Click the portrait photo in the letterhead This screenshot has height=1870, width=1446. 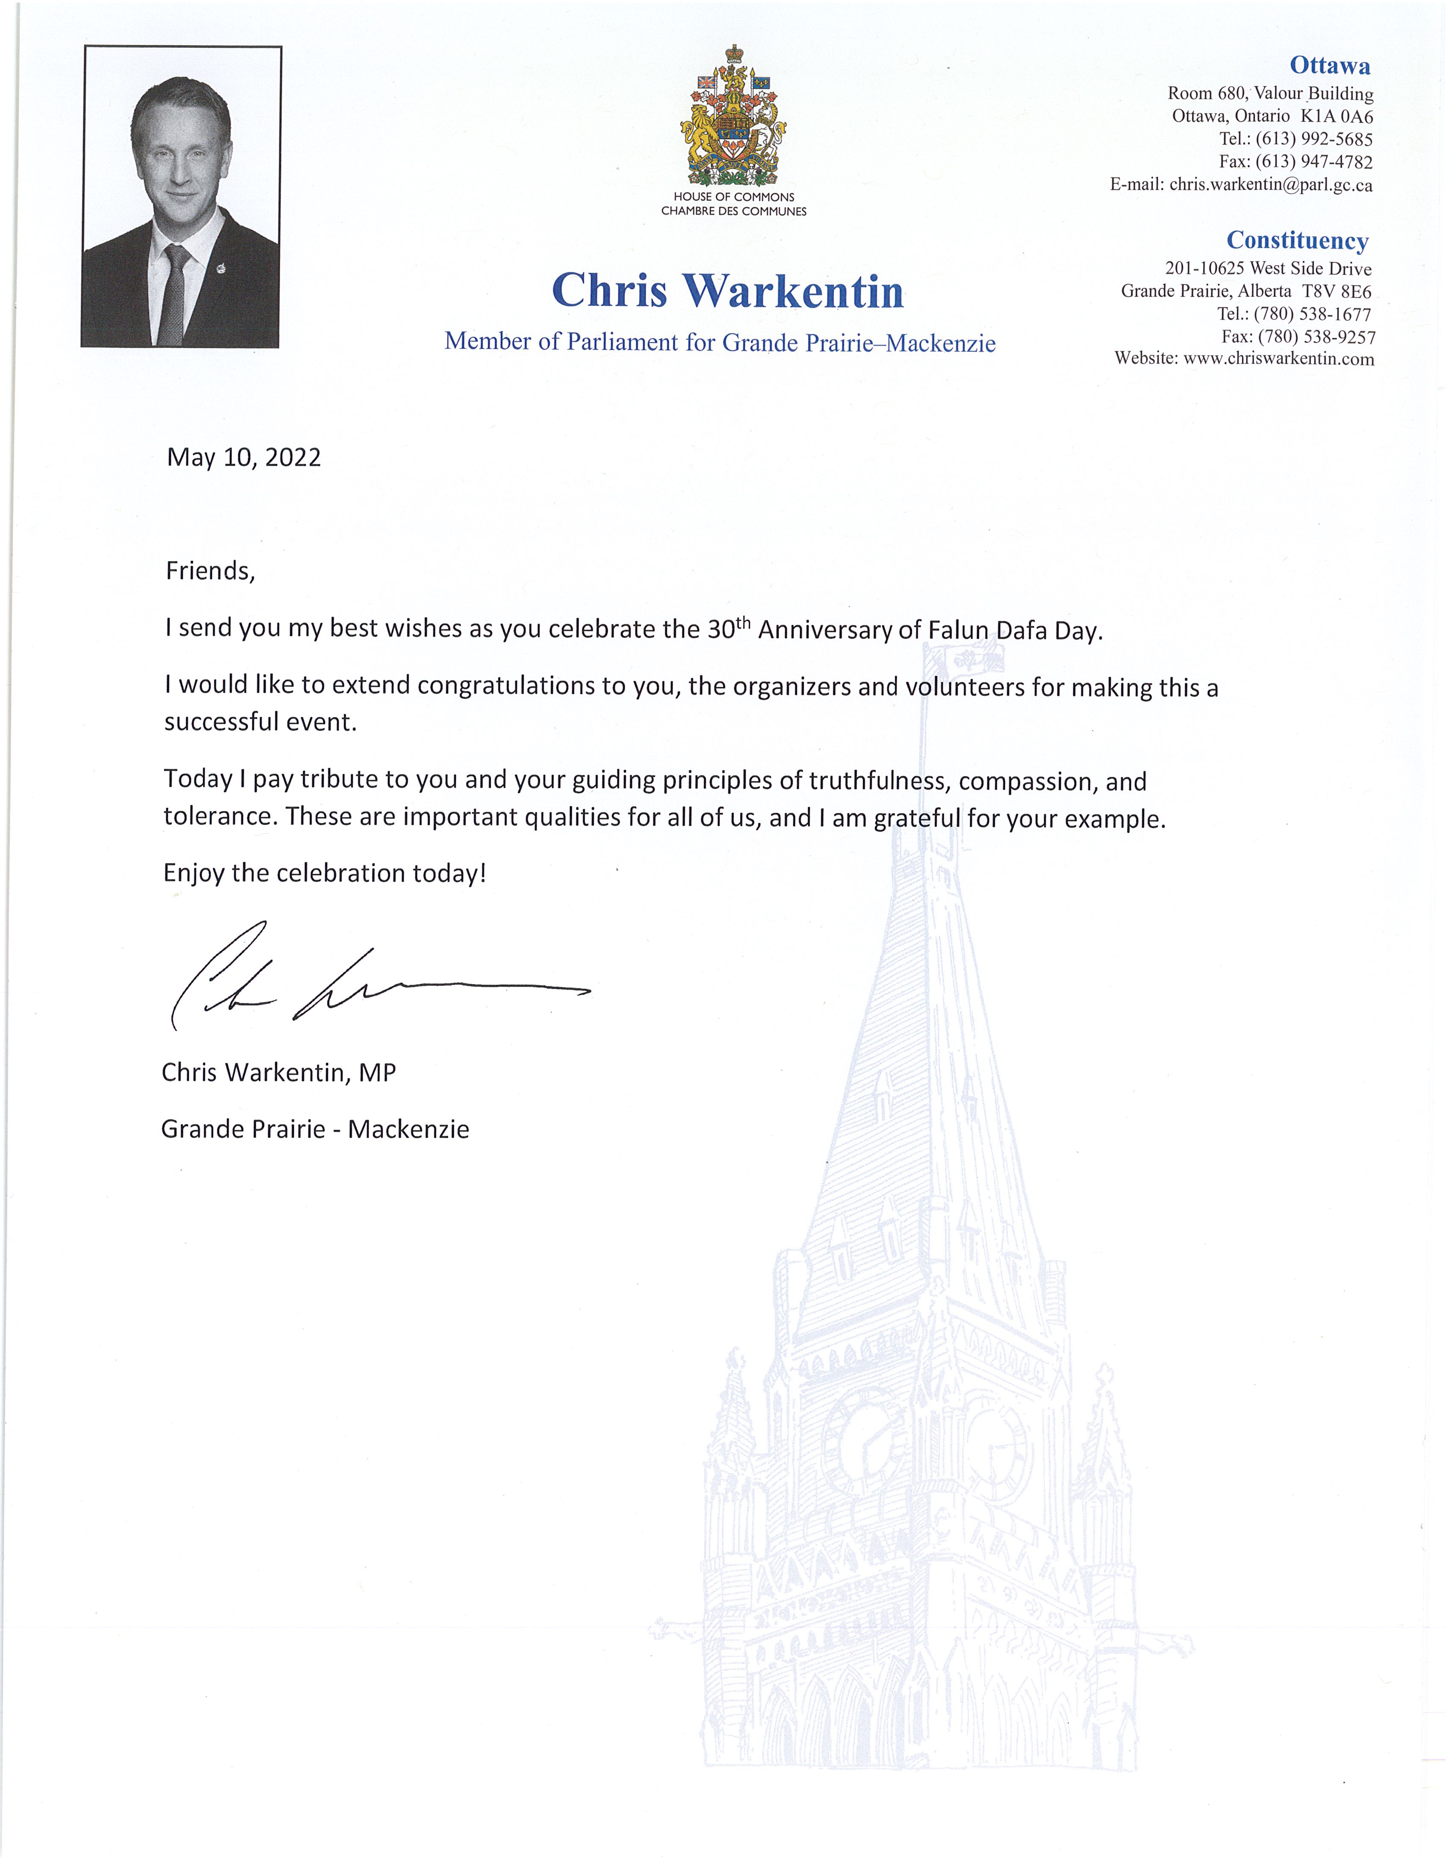pos(181,197)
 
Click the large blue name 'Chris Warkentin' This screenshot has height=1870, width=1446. pos(728,291)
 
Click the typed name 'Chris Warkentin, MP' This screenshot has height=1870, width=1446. pos(278,1073)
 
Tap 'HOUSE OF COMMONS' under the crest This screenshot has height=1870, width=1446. pos(734,197)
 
